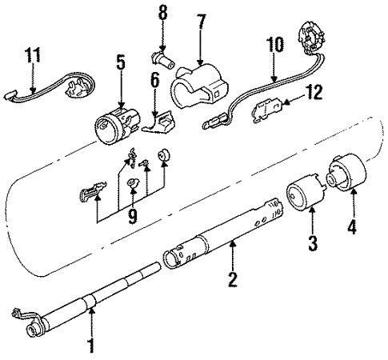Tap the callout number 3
pos(313,241)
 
